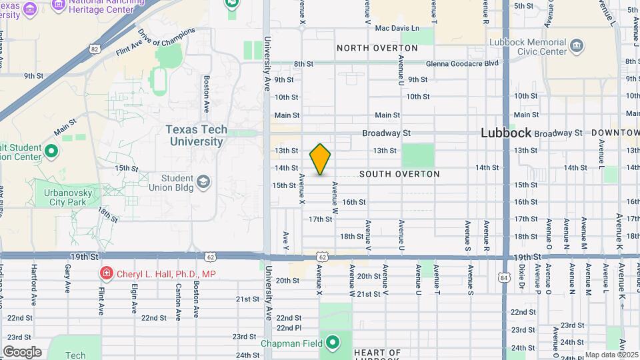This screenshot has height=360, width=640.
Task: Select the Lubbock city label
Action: click(x=506, y=133)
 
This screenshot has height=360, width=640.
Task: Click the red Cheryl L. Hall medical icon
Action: click(x=105, y=273)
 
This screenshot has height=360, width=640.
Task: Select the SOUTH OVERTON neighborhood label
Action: click(x=399, y=174)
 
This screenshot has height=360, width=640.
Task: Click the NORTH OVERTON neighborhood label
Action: click(x=377, y=48)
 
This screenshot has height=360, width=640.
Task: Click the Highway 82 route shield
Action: click(x=95, y=49)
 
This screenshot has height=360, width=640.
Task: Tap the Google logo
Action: click(x=22, y=352)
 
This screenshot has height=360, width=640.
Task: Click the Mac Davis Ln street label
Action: click(x=397, y=28)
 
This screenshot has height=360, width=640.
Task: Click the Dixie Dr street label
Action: click(x=521, y=279)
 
